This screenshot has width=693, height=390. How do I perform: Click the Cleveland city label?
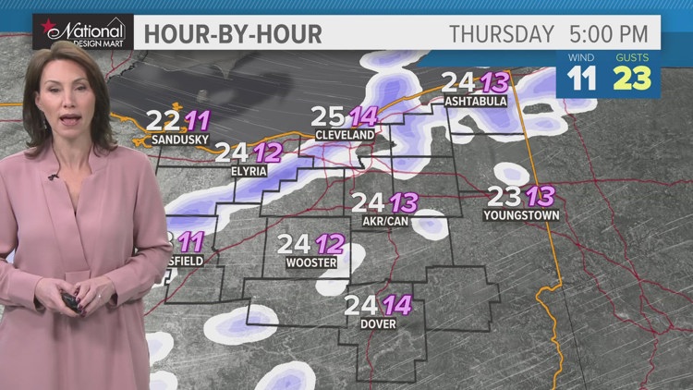click(x=345, y=135)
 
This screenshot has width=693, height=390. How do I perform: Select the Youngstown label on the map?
click(x=521, y=215)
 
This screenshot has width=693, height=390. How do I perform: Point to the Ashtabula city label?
click(x=476, y=101)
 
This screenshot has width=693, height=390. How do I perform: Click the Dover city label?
click(x=379, y=324)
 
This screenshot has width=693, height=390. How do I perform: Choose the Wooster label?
click(x=312, y=262)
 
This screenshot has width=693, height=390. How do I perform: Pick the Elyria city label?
click(x=249, y=171)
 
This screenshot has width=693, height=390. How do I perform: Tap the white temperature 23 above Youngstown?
click(x=505, y=196)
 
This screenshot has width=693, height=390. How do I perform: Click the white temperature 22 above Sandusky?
click(x=164, y=120)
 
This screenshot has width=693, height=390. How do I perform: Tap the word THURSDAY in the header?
click(x=501, y=34)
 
